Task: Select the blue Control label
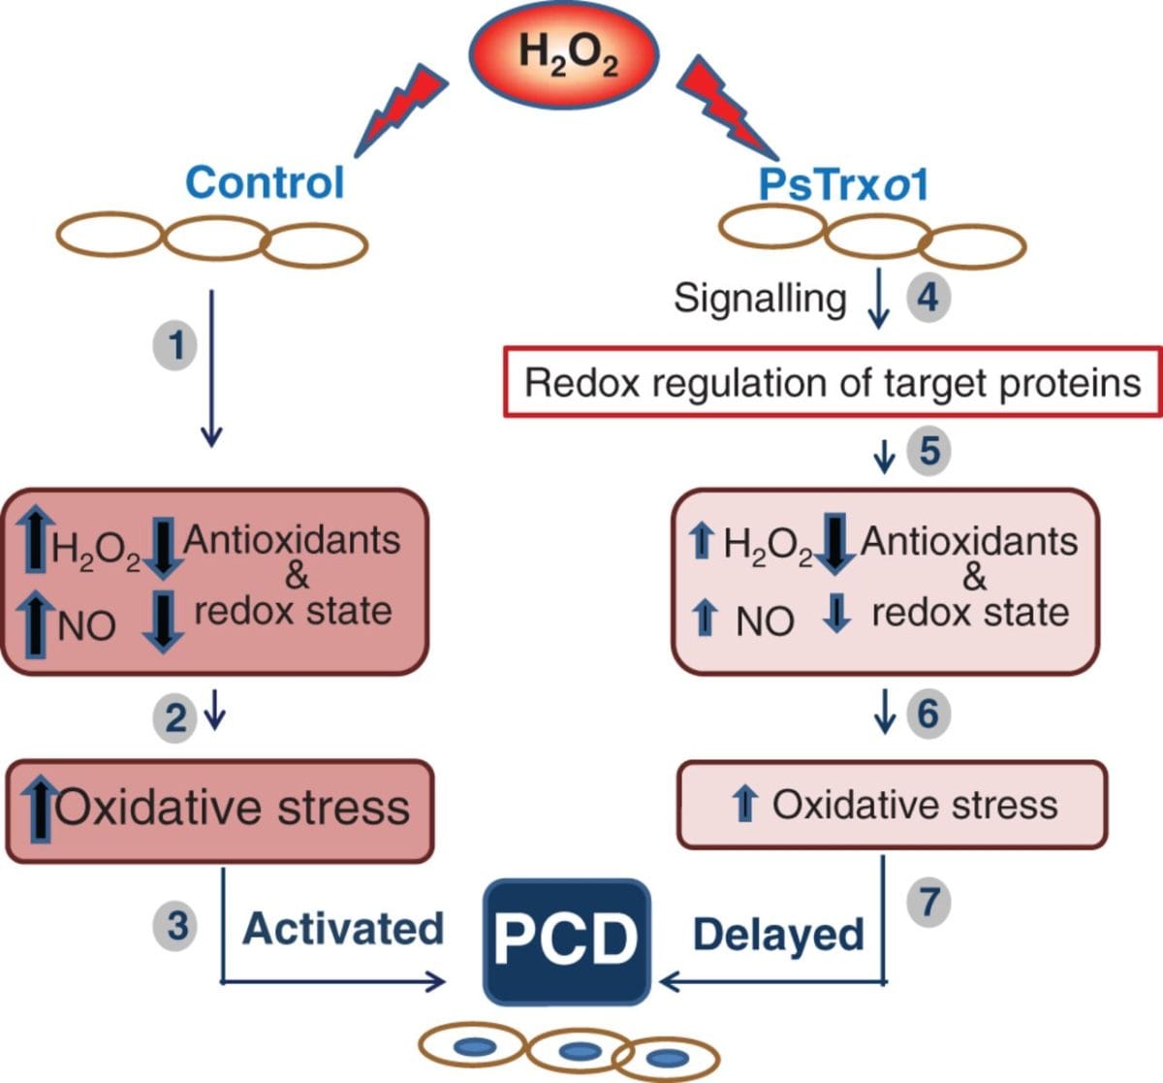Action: click(264, 181)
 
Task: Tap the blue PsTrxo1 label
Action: click(843, 183)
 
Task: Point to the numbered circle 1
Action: click(175, 344)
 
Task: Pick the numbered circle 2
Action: click(175, 718)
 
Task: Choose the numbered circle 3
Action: click(176, 926)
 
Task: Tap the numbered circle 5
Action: click(928, 452)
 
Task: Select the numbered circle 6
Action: click(927, 715)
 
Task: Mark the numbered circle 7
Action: click(928, 902)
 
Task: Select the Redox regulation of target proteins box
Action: click(833, 383)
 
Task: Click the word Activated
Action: click(343, 929)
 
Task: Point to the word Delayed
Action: click(778, 935)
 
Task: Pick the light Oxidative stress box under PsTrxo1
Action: click(891, 805)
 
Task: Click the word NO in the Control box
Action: click(86, 626)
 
